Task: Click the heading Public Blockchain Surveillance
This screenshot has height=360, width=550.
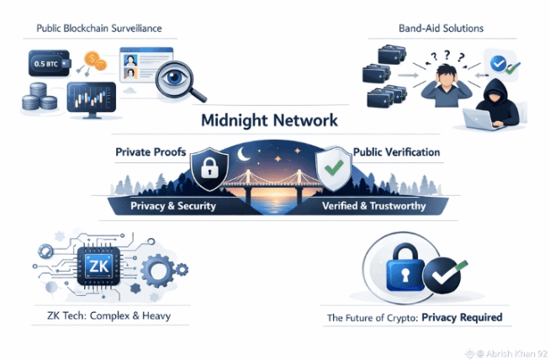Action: point(98,29)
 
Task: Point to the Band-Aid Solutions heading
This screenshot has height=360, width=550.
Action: point(441,29)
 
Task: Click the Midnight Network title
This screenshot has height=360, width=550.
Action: point(269,120)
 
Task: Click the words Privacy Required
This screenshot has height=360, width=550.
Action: point(462,319)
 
